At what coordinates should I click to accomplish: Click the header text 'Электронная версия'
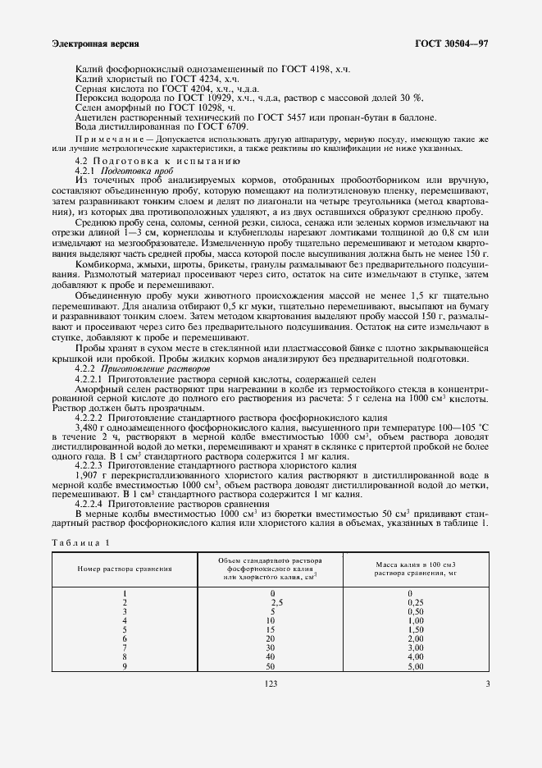click(x=94, y=43)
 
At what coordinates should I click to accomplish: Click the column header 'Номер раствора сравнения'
click(x=125, y=568)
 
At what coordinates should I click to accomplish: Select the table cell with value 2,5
click(x=276, y=602)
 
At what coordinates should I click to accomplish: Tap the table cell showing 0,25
click(x=415, y=602)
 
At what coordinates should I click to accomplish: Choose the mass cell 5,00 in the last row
click(x=415, y=666)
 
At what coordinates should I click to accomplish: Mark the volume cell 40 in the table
click(x=271, y=657)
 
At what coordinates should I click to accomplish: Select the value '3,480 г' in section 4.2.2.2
click(x=91, y=428)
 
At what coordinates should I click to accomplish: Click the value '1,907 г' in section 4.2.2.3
click(x=91, y=477)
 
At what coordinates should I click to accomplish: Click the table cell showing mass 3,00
click(x=415, y=648)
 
